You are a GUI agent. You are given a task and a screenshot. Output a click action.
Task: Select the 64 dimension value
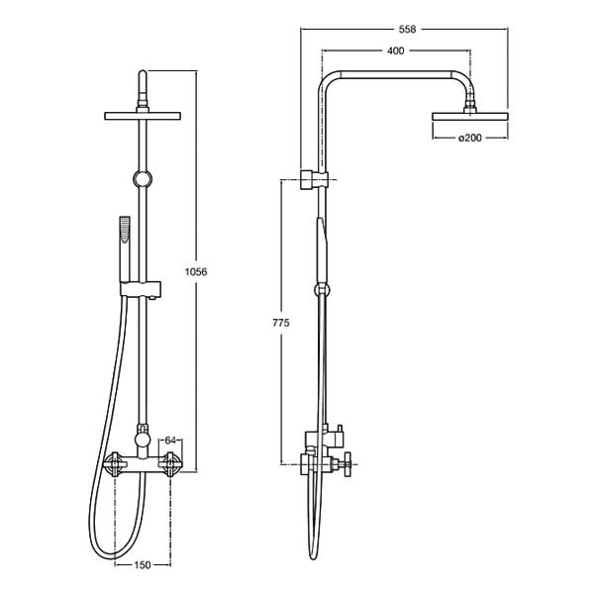click(170, 440)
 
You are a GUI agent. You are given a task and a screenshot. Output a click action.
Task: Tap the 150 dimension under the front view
click(143, 565)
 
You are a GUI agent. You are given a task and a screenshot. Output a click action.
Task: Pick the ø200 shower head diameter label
click(469, 139)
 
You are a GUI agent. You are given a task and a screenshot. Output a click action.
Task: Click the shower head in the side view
click(469, 117)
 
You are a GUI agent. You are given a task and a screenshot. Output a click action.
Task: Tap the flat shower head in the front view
click(143, 117)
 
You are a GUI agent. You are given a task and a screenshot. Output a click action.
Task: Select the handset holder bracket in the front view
click(144, 290)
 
